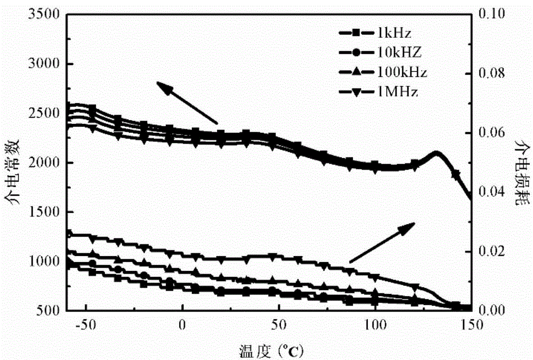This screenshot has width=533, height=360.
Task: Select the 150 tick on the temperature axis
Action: click(471, 325)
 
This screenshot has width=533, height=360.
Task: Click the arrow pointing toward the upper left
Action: click(186, 102)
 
